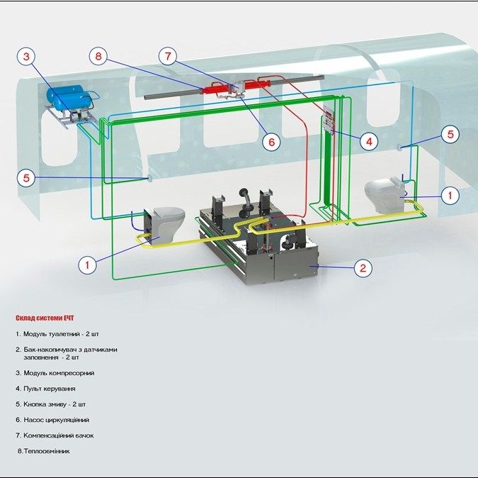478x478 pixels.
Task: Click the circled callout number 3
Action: (x=26, y=57)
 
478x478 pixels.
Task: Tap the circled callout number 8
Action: (x=98, y=56)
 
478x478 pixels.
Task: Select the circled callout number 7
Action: (x=168, y=56)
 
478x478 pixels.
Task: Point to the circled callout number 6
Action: (x=271, y=142)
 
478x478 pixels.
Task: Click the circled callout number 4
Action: (x=369, y=141)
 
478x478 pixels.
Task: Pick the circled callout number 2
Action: (x=363, y=268)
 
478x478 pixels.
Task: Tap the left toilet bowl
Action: (x=167, y=224)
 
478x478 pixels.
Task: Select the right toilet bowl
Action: (x=384, y=195)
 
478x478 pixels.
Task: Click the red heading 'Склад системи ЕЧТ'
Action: (x=45, y=318)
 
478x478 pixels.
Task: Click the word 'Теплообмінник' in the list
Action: (x=47, y=451)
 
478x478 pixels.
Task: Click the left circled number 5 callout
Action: (x=26, y=177)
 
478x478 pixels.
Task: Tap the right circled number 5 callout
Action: (x=450, y=134)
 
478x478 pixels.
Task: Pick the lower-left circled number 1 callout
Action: (x=87, y=265)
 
